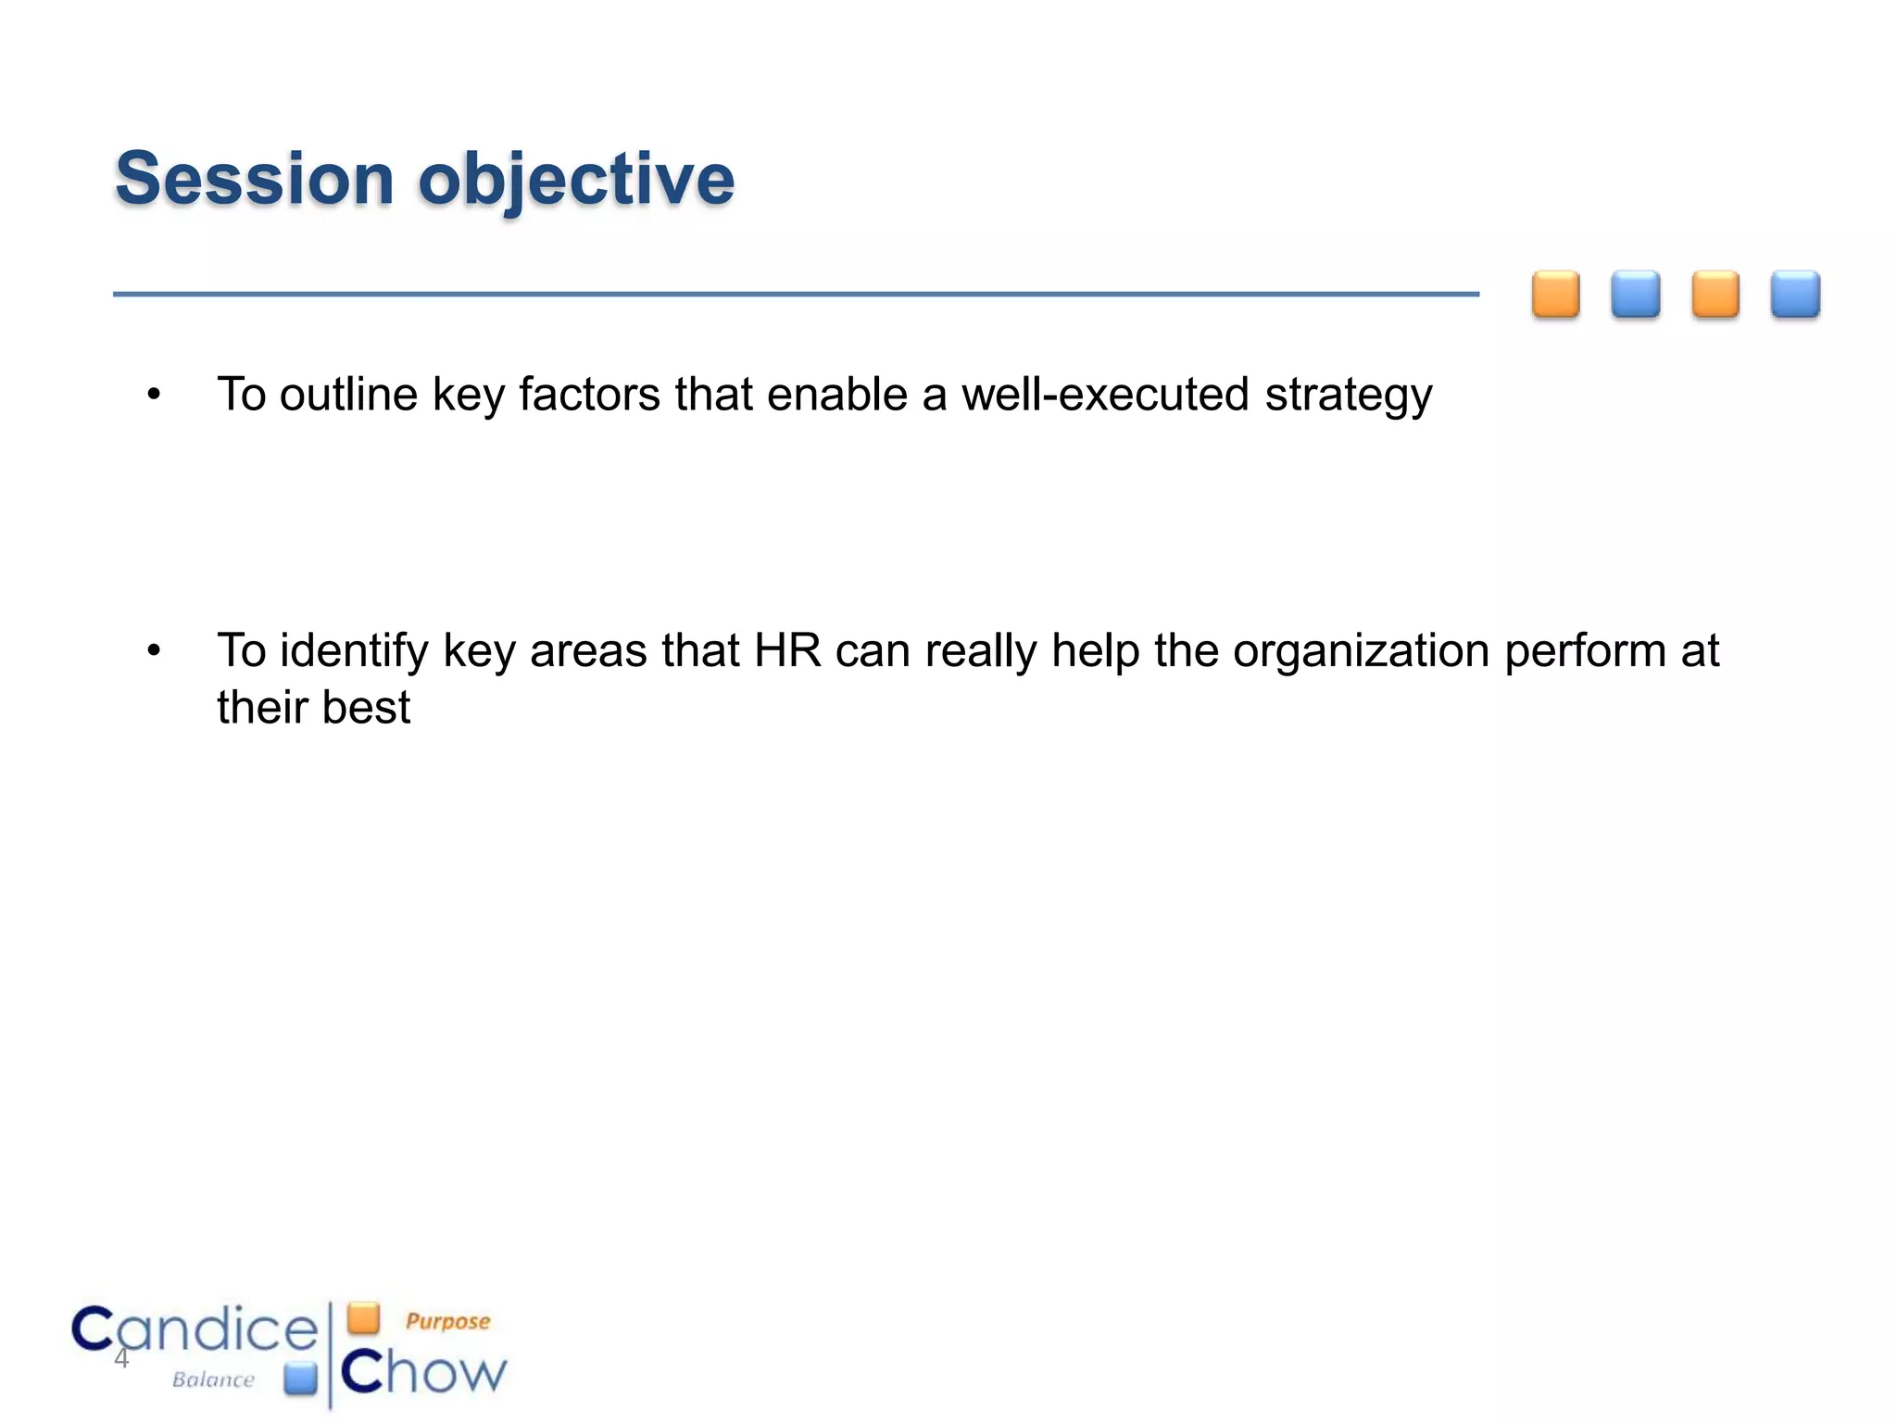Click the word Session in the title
click(255, 179)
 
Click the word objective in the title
click(576, 181)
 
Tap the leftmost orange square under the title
click(1555, 295)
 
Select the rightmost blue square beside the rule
click(1795, 295)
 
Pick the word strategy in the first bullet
click(1348, 396)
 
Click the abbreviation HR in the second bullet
click(787, 650)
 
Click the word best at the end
click(367, 708)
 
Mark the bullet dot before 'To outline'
click(154, 395)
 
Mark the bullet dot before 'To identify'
click(154, 651)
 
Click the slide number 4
click(121, 1359)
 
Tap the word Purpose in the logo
click(447, 1321)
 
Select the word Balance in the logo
click(213, 1379)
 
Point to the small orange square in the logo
click(364, 1317)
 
